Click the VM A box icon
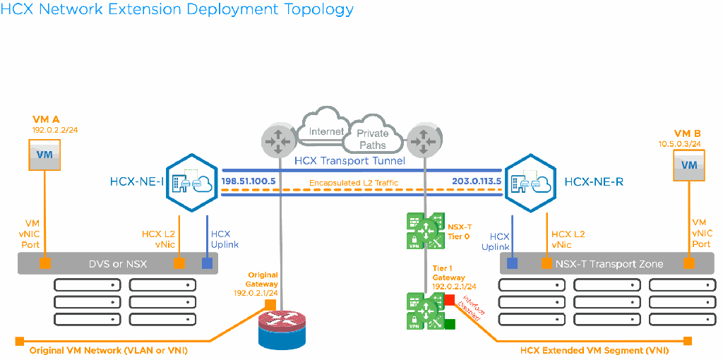[44, 154]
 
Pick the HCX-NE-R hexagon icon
[531, 181]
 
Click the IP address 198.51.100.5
[248, 181]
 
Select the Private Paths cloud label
[372, 139]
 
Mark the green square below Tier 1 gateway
[450, 325]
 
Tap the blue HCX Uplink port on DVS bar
[208, 264]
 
